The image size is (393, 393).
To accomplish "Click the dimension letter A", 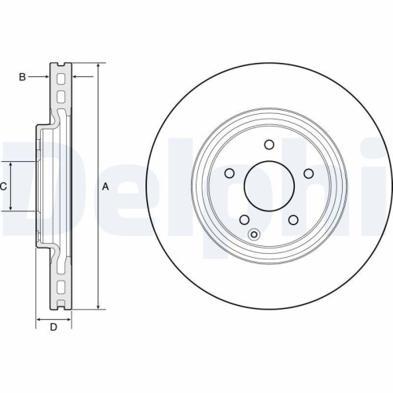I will pos(105,186).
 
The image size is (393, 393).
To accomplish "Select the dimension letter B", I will pos(23,76).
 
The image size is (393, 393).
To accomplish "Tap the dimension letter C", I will pos(4,186).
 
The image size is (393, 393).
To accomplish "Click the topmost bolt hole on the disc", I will pos(269,145).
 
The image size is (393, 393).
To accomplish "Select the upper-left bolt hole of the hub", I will pos(230,174).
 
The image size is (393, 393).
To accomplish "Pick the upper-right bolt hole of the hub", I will pos(308,174).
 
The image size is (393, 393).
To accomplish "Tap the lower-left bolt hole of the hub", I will pos(244,220).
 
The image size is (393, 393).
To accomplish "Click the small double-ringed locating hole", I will pos(254,233).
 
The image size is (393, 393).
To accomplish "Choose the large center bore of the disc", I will pos(269,186).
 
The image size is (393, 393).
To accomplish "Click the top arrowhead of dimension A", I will pos(98,65).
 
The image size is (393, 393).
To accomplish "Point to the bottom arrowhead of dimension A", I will pos(98,307).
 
